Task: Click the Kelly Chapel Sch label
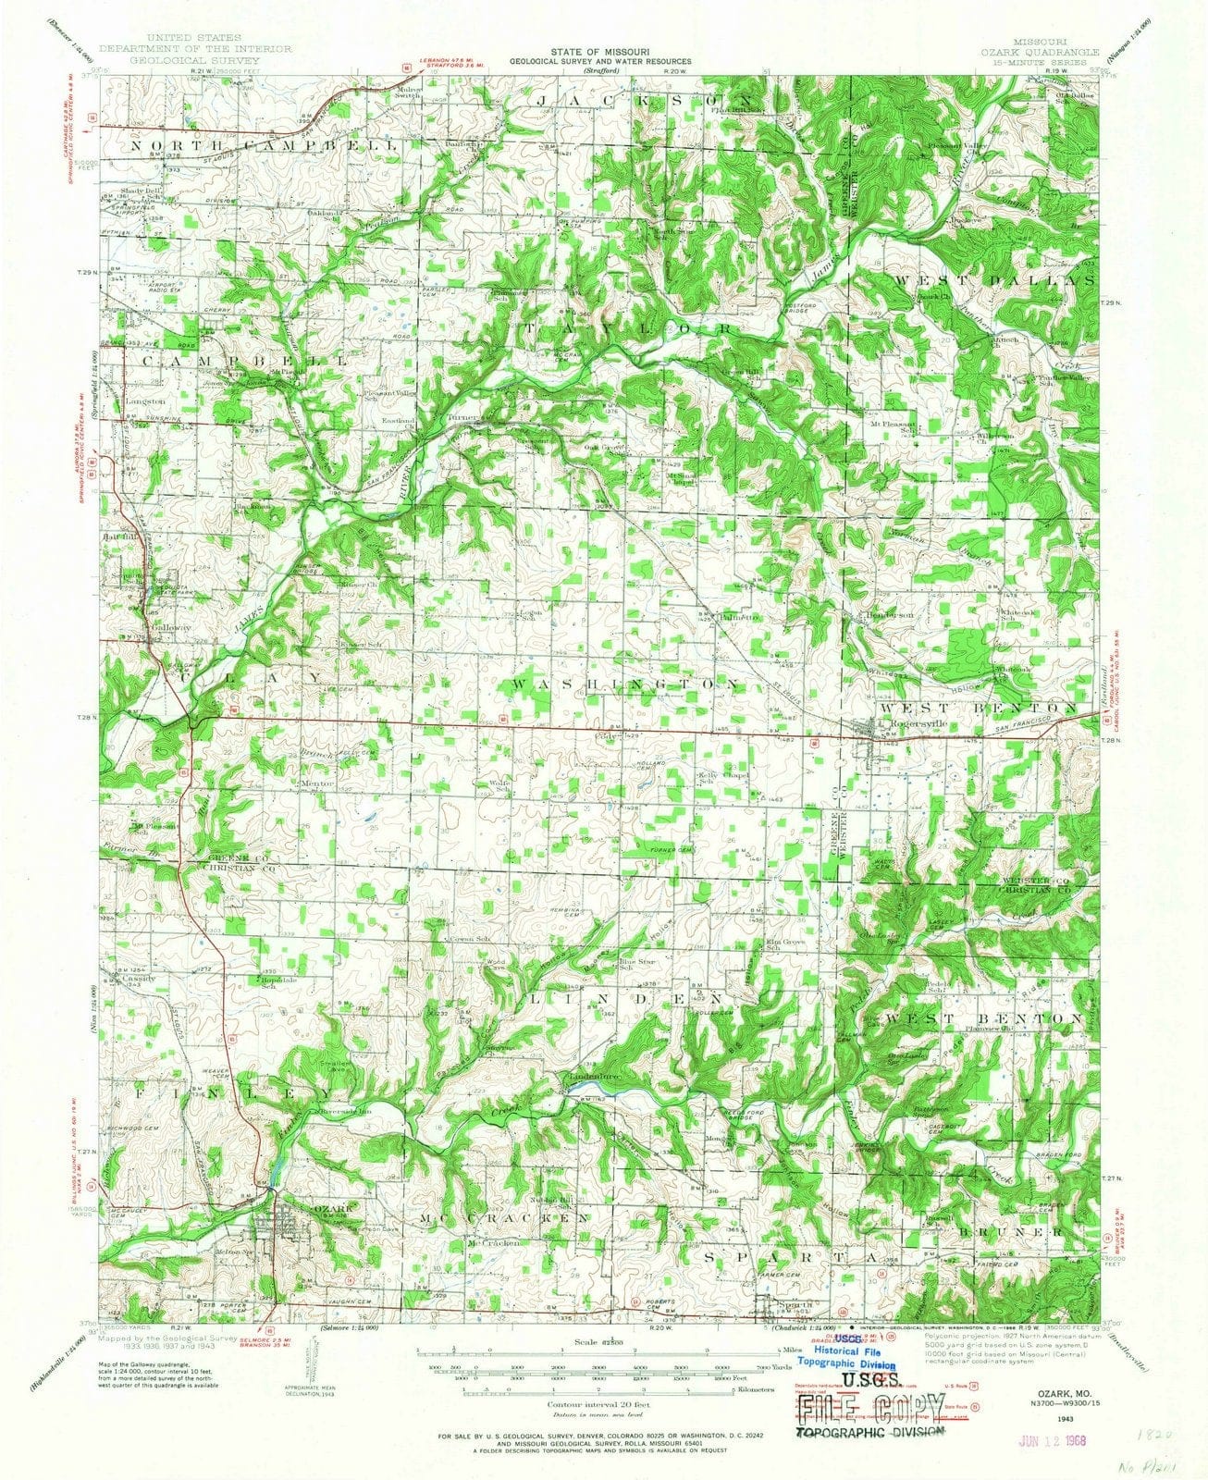(x=709, y=777)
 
